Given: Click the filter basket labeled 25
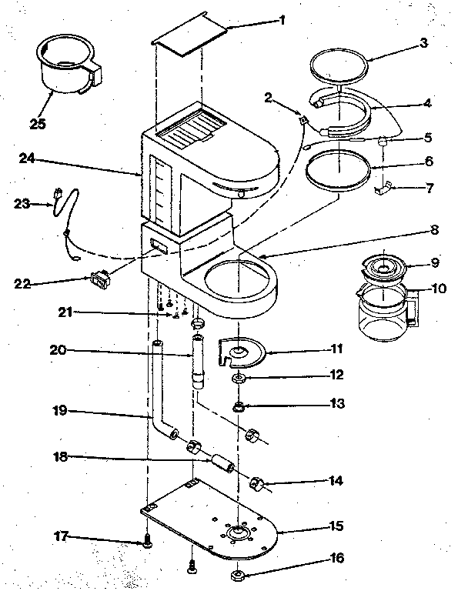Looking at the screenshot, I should (x=65, y=68).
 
